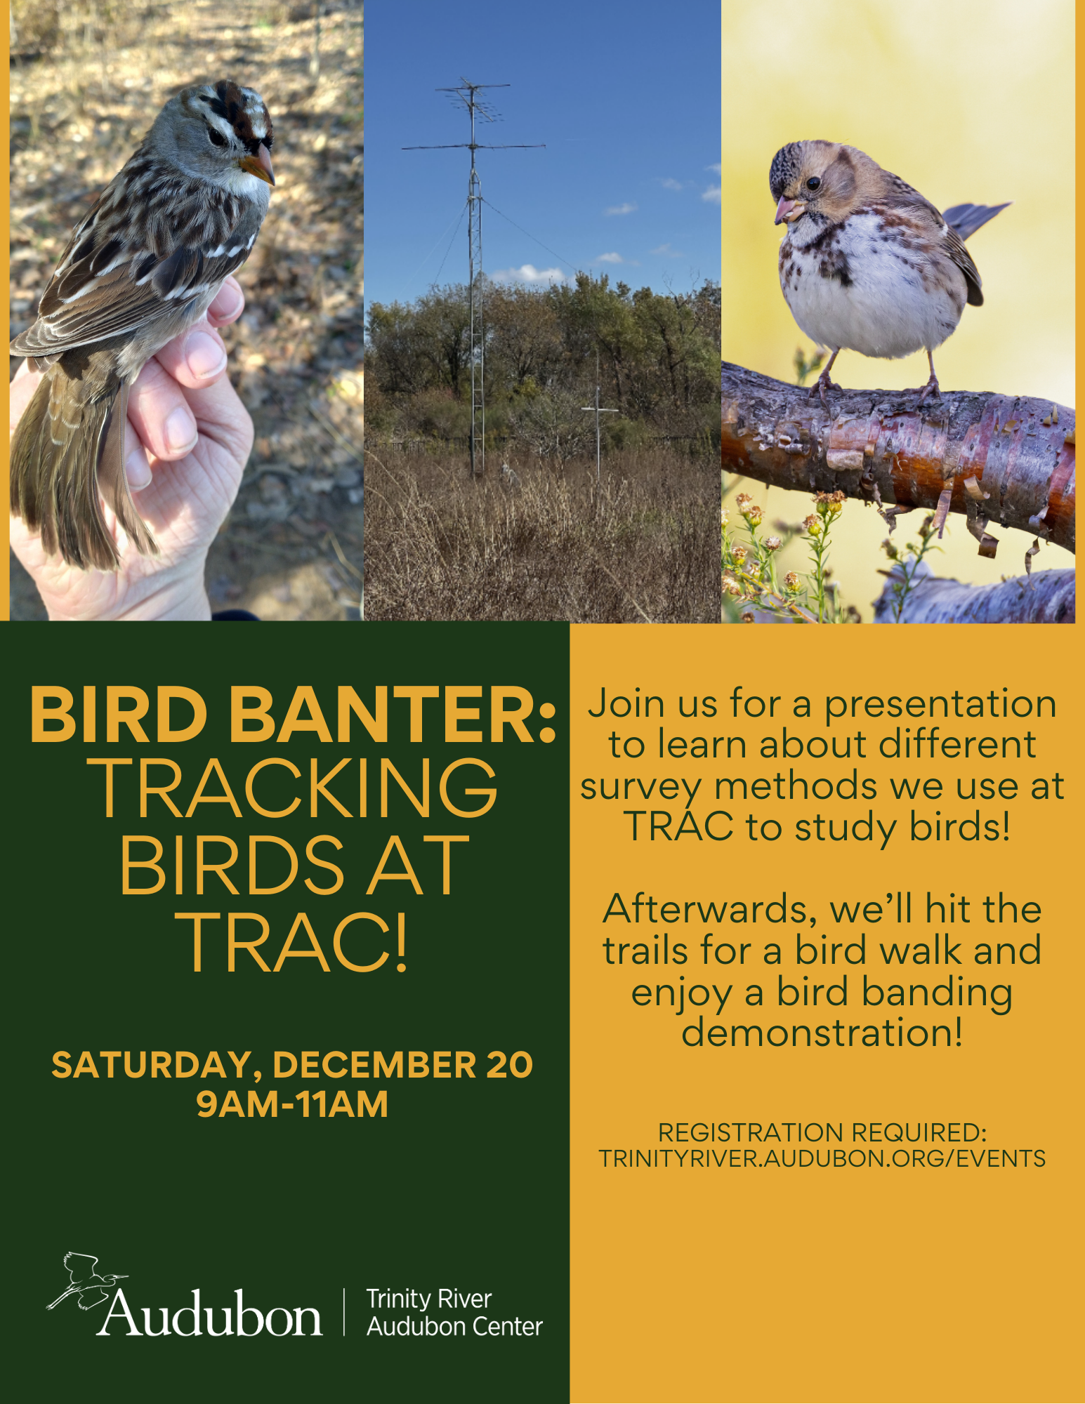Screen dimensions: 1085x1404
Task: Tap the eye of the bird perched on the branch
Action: point(813,183)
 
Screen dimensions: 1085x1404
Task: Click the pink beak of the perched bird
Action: point(785,209)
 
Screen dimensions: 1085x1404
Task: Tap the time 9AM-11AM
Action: point(292,1104)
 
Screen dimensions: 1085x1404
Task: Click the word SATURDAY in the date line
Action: point(152,1066)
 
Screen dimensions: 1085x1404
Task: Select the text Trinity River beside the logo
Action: point(428,1299)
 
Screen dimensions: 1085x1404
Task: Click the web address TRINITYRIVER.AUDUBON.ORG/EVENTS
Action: point(822,1158)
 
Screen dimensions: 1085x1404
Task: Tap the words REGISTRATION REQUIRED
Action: point(822,1132)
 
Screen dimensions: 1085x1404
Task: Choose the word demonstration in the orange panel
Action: point(822,1032)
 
